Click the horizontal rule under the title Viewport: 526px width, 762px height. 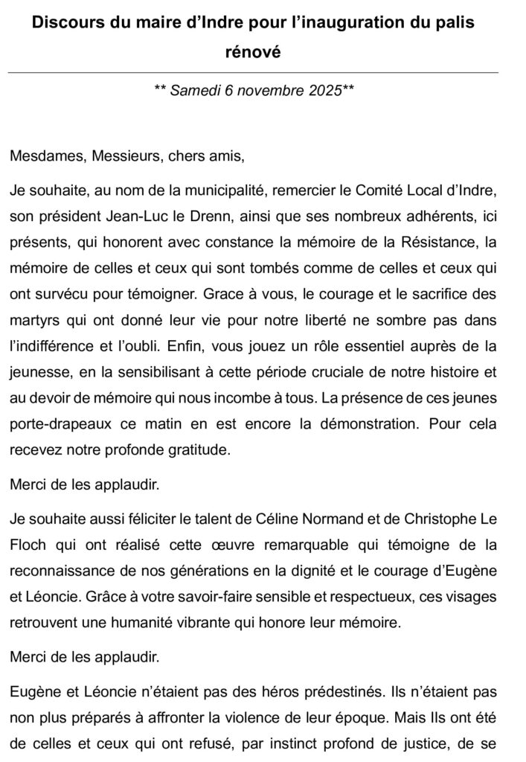(252, 72)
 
